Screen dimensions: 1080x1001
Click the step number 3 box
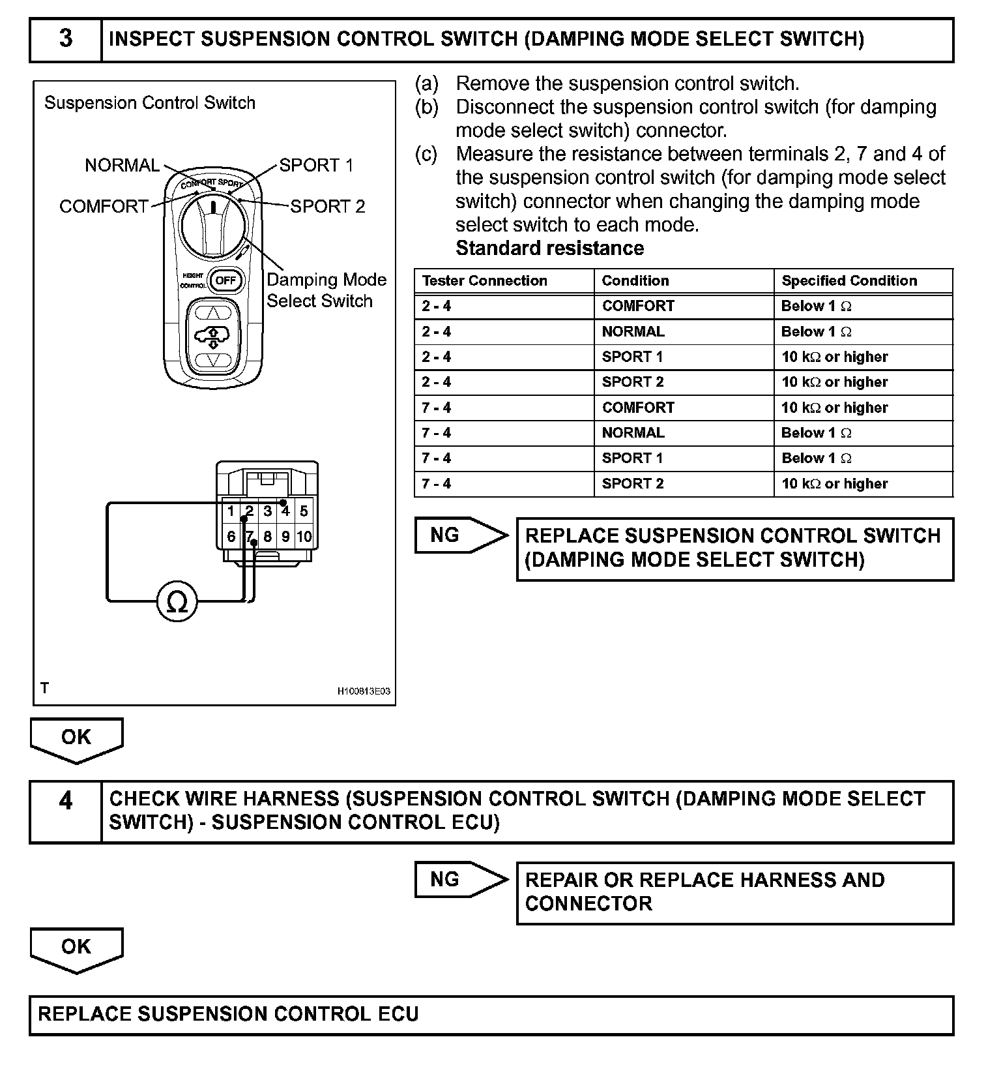(x=66, y=39)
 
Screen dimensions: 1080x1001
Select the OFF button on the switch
(x=225, y=280)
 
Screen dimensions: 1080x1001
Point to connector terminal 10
(x=304, y=537)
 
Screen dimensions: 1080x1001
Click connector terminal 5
(x=304, y=511)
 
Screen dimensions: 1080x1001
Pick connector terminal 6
(x=231, y=537)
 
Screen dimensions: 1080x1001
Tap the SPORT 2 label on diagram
(x=327, y=206)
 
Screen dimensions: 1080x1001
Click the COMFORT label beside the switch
(x=104, y=206)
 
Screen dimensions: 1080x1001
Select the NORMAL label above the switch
(x=122, y=165)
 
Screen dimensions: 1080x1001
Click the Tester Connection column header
(x=484, y=280)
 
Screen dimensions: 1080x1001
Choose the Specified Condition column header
(x=849, y=280)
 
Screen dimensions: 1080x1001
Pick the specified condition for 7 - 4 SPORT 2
(x=834, y=484)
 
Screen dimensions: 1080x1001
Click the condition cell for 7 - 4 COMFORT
(x=638, y=408)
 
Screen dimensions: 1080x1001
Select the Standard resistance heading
(x=549, y=248)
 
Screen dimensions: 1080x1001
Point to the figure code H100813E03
(x=364, y=691)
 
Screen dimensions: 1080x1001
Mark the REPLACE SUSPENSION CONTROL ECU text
(x=228, y=1014)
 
